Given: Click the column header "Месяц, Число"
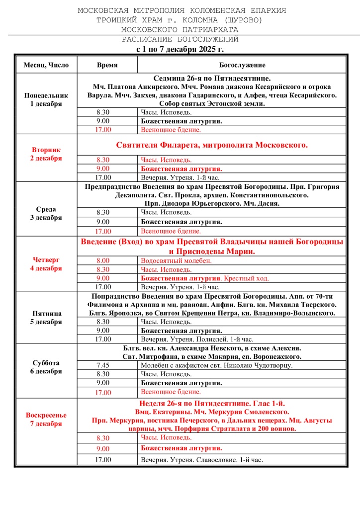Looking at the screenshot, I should (46, 65).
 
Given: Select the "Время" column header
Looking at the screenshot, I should (107, 65).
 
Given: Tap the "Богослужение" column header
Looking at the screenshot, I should (242, 65).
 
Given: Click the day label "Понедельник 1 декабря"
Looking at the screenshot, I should (46, 99).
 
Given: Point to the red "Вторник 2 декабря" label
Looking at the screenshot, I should (46, 154).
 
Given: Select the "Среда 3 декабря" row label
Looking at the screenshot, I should (46, 213).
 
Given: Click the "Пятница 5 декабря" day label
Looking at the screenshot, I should (46, 317).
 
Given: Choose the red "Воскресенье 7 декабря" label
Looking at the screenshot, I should (46, 419).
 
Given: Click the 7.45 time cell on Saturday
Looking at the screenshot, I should (104, 365).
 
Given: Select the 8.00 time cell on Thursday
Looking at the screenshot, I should (103, 260).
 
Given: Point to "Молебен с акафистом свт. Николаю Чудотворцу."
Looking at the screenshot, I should (217, 365).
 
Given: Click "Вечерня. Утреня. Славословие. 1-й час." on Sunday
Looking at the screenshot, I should (202, 460).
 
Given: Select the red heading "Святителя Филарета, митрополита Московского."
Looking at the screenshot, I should (212, 145).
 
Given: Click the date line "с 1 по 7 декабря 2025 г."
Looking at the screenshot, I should (180, 50).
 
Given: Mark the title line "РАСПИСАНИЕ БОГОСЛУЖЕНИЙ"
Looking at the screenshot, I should (180, 39).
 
